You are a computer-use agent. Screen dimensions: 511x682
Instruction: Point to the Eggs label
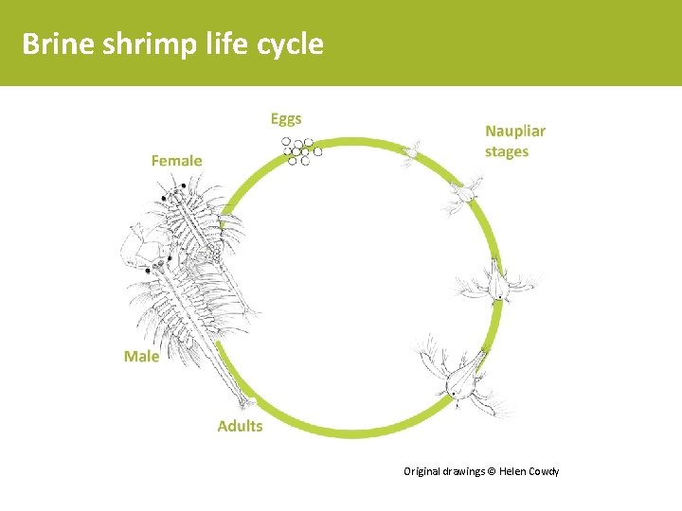[286, 119]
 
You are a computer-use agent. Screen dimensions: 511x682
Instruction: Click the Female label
[176, 161]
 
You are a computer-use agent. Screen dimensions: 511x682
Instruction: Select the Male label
[141, 357]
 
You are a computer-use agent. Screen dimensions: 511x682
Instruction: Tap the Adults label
[240, 426]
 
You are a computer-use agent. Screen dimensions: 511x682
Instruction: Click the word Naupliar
[515, 132]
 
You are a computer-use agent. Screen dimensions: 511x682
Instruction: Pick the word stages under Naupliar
[507, 151]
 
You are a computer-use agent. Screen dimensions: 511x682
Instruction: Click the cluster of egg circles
[299, 150]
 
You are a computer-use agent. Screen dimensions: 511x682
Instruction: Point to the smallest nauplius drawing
[412, 152]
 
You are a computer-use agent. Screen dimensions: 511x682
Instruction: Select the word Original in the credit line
[422, 471]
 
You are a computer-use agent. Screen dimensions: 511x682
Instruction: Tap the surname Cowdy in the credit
[543, 471]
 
